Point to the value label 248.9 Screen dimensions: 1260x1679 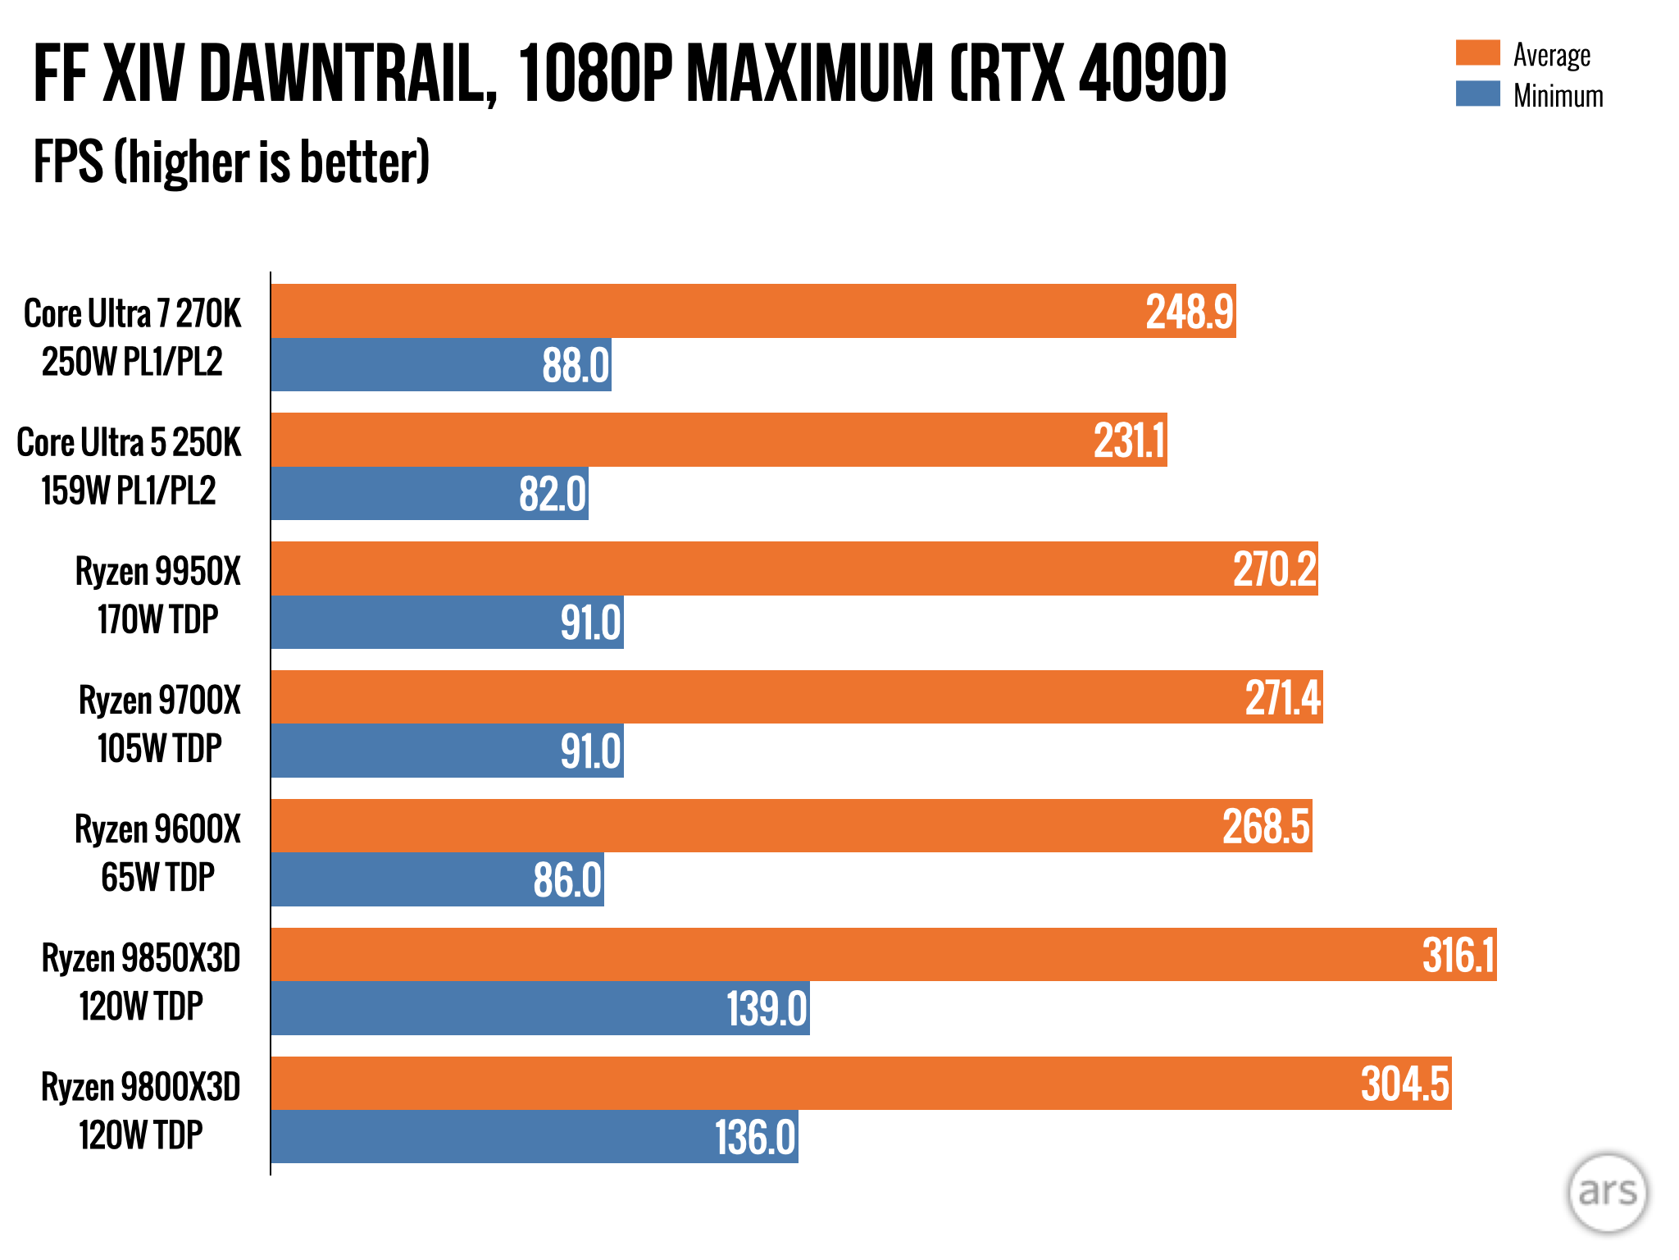[x=1189, y=312]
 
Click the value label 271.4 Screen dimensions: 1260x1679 [x=1283, y=698]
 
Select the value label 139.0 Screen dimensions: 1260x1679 [x=767, y=1008]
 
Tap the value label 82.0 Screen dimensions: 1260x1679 [x=553, y=494]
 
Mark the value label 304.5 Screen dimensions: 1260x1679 [x=1404, y=1084]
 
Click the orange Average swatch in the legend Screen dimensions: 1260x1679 [x=1477, y=52]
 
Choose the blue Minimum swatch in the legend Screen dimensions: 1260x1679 [x=1477, y=94]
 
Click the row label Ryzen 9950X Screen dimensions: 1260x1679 [x=158, y=571]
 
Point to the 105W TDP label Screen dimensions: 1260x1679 [x=159, y=748]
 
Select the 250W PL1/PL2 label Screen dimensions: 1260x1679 [x=132, y=362]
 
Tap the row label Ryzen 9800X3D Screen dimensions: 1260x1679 [x=141, y=1087]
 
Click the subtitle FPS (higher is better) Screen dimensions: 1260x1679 [x=231, y=162]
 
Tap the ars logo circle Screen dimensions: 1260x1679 [x=1607, y=1192]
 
